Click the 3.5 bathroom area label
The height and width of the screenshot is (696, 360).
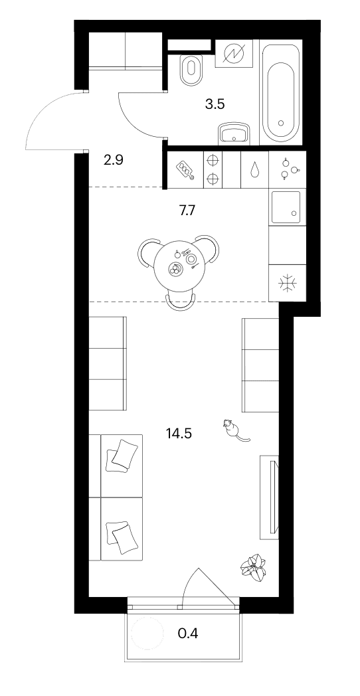(x=215, y=104)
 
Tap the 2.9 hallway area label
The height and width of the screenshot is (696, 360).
(x=113, y=160)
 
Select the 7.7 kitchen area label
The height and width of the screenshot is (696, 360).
(x=187, y=211)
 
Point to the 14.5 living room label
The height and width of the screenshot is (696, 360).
(x=179, y=433)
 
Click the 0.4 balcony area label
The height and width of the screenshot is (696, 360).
(x=188, y=633)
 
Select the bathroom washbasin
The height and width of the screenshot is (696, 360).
(x=234, y=133)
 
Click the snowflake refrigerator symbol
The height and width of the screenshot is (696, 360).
(x=287, y=283)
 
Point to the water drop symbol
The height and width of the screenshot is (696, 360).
(x=255, y=169)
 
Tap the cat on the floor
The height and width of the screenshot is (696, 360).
(x=234, y=430)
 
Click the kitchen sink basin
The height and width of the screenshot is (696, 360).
(x=286, y=207)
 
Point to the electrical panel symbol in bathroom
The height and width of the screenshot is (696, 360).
(x=234, y=53)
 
